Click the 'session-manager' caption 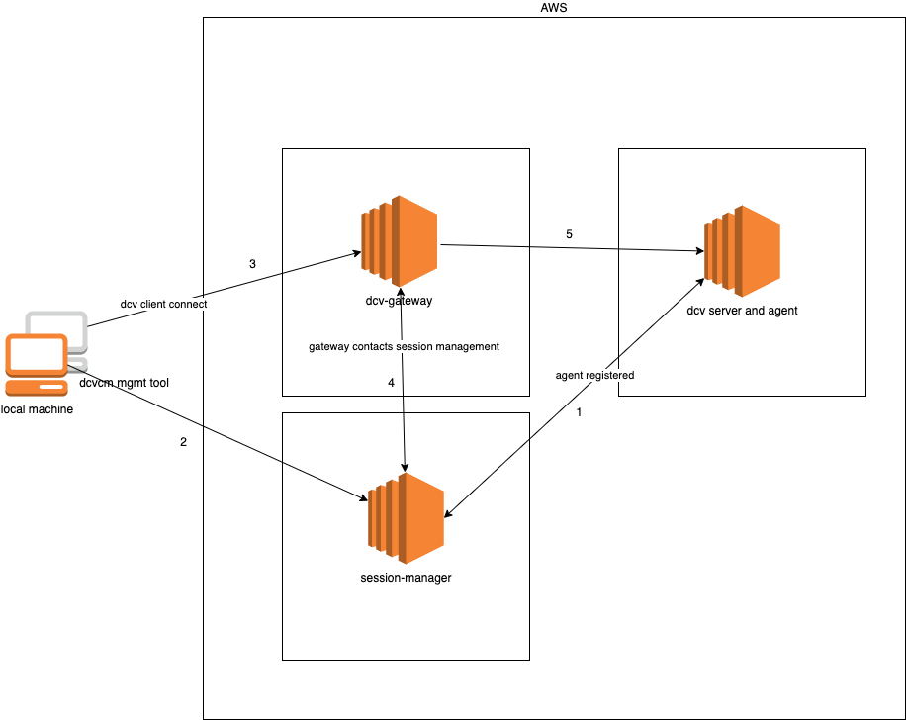(406, 578)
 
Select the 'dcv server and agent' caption (742, 311)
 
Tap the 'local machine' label (37, 409)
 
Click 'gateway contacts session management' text (404, 347)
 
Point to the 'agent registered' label (594, 376)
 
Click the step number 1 (579, 413)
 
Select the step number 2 (183, 442)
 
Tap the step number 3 (252, 264)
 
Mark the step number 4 (391, 382)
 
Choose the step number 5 (569, 234)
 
